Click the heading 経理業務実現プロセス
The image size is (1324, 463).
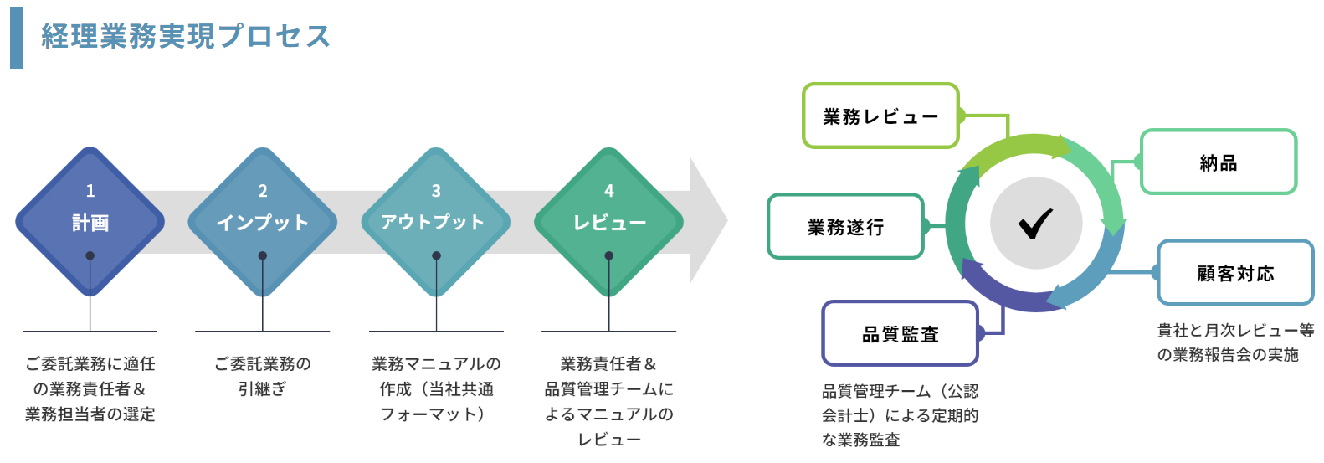pos(186,36)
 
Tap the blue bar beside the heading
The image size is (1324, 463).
pos(16,38)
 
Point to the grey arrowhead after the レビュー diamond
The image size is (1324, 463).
pos(708,221)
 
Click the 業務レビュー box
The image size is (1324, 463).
pos(880,116)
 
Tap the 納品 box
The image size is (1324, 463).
pos(1219,162)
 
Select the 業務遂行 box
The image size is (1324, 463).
pos(845,227)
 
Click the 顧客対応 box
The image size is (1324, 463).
pos(1235,273)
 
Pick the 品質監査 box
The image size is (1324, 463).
pos(900,334)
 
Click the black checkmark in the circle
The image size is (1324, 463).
pos(1036,224)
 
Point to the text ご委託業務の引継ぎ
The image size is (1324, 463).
pos(263,376)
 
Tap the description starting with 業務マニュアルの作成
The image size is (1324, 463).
pos(436,388)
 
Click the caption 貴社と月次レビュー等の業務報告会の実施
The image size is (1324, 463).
pos(1234,342)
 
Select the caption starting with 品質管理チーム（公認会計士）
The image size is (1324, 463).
pos(900,415)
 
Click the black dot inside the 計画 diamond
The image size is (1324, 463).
pos(90,255)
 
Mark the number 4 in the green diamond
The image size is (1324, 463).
pos(608,191)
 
